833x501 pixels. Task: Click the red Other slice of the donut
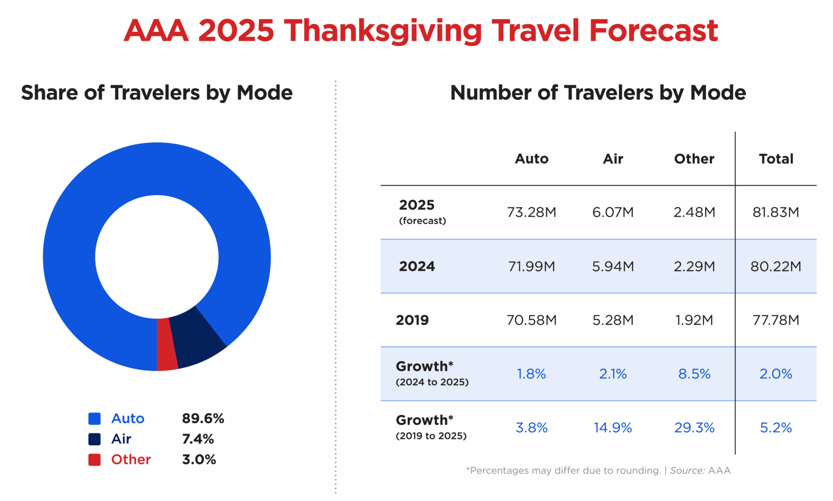pos(167,344)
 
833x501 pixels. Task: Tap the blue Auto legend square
pos(94,418)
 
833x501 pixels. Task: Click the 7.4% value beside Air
pos(198,439)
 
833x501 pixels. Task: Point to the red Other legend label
pos(131,459)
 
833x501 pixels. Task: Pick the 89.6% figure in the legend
pos(203,418)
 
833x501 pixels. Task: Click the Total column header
pos(776,159)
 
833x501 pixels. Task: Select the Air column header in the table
pos(613,159)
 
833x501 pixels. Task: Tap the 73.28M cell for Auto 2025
pos(531,212)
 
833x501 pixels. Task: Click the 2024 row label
pos(417,266)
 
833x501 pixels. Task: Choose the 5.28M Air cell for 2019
pos(613,320)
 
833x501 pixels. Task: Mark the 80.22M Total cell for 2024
pos(775,266)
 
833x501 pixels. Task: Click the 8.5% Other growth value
pos(694,374)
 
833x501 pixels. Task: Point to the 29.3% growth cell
pos(694,428)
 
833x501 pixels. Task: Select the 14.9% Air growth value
pos(613,428)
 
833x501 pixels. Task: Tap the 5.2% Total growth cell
pos(775,428)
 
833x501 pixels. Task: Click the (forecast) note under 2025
pos(422,221)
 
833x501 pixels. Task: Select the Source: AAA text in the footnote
pos(700,470)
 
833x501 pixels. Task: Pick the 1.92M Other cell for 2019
pos(694,320)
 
